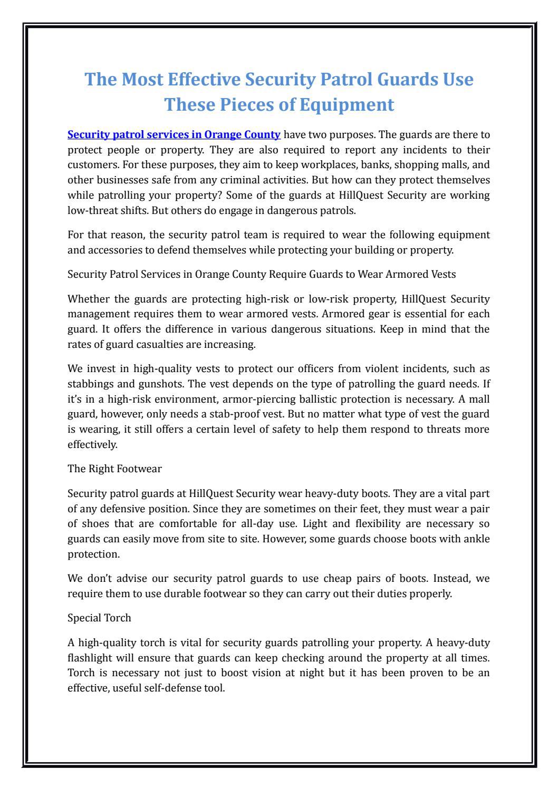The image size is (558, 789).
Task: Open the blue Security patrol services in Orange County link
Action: click(174, 134)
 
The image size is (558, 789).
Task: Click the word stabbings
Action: click(90, 383)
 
